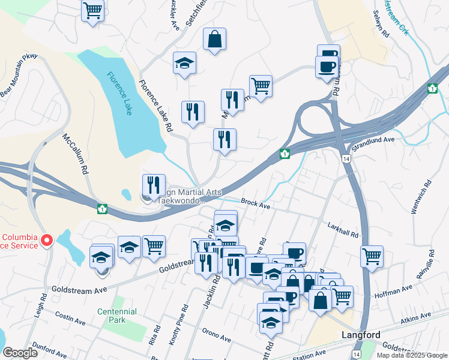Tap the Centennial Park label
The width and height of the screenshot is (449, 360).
coord(117,316)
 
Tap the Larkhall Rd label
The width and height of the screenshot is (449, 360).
coord(343,230)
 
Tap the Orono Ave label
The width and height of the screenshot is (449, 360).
coord(216,338)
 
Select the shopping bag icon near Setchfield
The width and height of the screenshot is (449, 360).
coord(214,40)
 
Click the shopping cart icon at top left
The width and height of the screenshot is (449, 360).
coord(92,10)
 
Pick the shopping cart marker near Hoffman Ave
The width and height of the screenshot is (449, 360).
coord(372,256)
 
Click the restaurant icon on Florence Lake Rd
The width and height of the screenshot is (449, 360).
coord(193,112)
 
